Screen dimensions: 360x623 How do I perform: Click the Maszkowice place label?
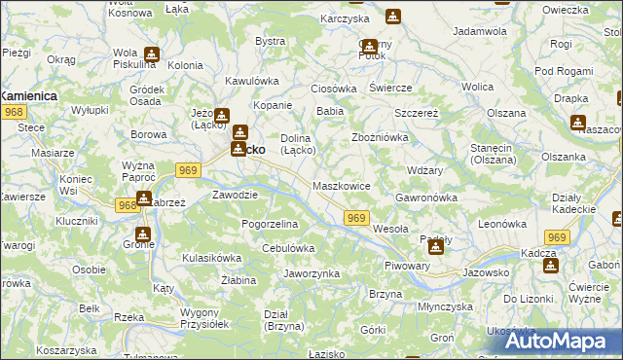pyautogui.click(x=342, y=185)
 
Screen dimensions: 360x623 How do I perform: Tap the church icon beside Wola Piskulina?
pyautogui.click(x=151, y=54)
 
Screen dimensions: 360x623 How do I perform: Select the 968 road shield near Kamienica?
pyautogui.click(x=13, y=113)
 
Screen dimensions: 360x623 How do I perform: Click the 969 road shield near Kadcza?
pyautogui.click(x=557, y=237)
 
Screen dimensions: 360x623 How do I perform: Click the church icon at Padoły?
pyautogui.click(x=435, y=247)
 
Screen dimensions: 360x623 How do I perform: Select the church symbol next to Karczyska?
pyautogui.click(x=392, y=18)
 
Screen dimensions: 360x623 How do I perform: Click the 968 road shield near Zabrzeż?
pyautogui.click(x=127, y=205)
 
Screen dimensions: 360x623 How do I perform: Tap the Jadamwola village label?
pyautogui.click(x=481, y=32)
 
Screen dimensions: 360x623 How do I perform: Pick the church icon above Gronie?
pyautogui.click(x=144, y=234)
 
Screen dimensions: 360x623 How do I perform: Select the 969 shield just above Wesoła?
pyautogui.click(x=356, y=219)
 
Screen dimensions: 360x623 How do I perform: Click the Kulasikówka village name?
pyautogui.click(x=211, y=258)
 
